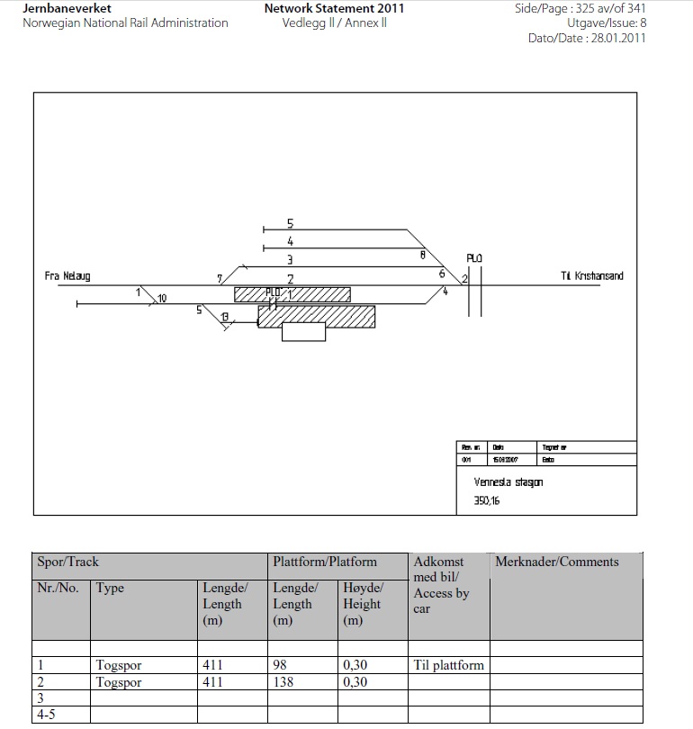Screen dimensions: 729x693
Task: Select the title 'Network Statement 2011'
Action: tap(334, 8)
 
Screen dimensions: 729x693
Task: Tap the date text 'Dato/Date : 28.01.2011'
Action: tap(586, 38)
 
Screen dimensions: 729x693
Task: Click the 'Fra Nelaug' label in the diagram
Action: tap(67, 276)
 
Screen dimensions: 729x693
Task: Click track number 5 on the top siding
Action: tap(290, 223)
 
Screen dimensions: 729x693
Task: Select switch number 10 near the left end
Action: tap(162, 298)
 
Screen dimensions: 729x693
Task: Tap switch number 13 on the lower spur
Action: tap(225, 316)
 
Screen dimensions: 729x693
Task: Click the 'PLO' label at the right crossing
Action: tap(474, 259)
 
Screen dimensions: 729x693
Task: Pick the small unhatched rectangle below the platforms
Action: tap(303, 332)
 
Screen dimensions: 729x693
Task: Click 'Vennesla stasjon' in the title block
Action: tap(508, 482)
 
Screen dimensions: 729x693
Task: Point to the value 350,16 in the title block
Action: tap(487, 500)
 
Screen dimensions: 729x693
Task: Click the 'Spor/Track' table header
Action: tap(67, 562)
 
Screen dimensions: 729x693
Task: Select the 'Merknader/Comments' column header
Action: tap(556, 562)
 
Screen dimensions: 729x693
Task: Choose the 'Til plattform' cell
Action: tap(448, 665)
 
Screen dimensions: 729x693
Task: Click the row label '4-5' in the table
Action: tap(47, 715)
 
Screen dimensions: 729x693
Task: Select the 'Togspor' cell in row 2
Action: tap(119, 682)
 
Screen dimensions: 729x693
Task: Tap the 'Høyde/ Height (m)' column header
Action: tap(363, 604)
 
